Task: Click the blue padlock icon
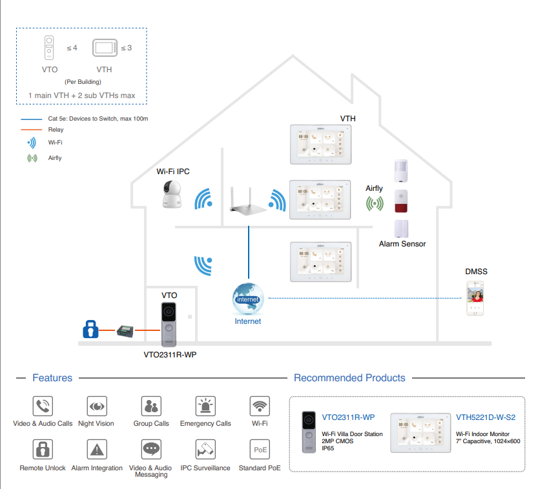pyautogui.click(x=91, y=330)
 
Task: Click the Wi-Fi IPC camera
pyautogui.click(x=174, y=194)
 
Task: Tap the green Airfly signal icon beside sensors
pyautogui.click(x=374, y=204)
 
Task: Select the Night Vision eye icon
pyautogui.click(x=97, y=406)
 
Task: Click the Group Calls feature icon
pyautogui.click(x=151, y=406)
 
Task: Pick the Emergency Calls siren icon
pyautogui.click(x=205, y=406)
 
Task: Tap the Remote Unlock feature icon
pyautogui.click(x=43, y=450)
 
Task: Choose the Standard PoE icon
pyautogui.click(x=260, y=450)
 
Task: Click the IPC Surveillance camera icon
pyautogui.click(x=205, y=450)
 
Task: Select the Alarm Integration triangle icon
pyautogui.click(x=97, y=450)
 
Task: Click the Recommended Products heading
pyautogui.click(x=349, y=378)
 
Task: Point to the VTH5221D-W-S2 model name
pyautogui.click(x=485, y=417)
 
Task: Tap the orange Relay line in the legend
pyautogui.click(x=33, y=130)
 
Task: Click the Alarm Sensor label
pyautogui.click(x=402, y=244)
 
